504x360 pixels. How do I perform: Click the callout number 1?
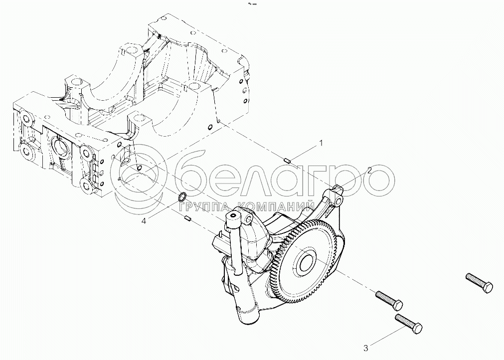tap(320, 143)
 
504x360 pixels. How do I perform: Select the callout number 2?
tap(369, 171)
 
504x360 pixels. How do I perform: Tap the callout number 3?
tap(365, 348)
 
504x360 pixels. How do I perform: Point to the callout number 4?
tap(144, 221)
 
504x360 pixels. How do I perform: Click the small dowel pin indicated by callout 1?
tap(288, 160)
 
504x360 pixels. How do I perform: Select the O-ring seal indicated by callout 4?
tap(182, 196)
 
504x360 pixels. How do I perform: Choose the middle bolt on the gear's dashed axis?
tap(389, 299)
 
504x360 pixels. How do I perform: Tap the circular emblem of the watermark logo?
tap(140, 180)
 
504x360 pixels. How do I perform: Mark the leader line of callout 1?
tap(304, 152)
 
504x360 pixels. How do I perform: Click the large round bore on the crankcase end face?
tap(61, 148)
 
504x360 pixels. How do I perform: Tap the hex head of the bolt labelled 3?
tap(417, 329)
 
